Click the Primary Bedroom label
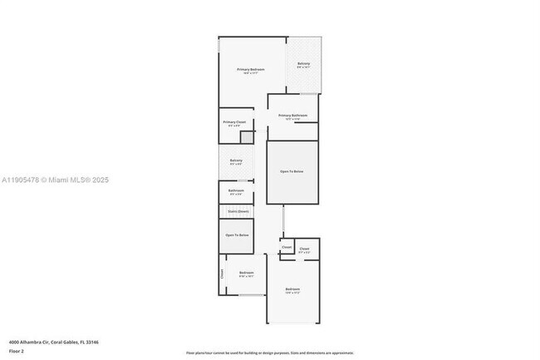coord(251,69)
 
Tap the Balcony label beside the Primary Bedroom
coord(303,63)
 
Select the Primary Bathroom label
coord(292,116)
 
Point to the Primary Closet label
coord(234,122)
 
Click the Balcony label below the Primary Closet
coord(236,160)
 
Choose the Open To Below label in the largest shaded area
coord(292,171)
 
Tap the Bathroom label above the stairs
coord(236,190)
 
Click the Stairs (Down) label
coord(238,211)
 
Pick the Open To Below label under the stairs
coord(237,235)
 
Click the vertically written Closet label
coord(222,274)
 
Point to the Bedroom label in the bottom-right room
coord(292,289)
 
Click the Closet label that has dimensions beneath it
coord(304,249)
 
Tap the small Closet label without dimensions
coord(287,247)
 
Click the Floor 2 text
coord(17,351)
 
